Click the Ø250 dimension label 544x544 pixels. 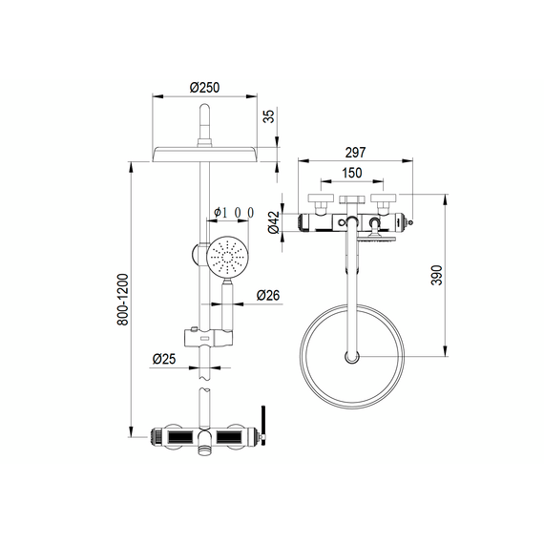[x=204, y=88]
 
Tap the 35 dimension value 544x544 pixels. [x=268, y=116]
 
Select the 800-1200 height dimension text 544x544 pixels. [x=122, y=300]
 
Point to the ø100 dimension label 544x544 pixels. [x=234, y=212]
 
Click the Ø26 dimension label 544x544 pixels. [x=268, y=295]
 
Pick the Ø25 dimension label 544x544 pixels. [x=164, y=359]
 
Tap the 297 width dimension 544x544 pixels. [x=355, y=153]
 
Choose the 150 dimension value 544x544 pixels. [x=352, y=173]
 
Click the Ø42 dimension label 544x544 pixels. [x=274, y=222]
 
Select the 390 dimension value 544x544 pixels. [x=437, y=275]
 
